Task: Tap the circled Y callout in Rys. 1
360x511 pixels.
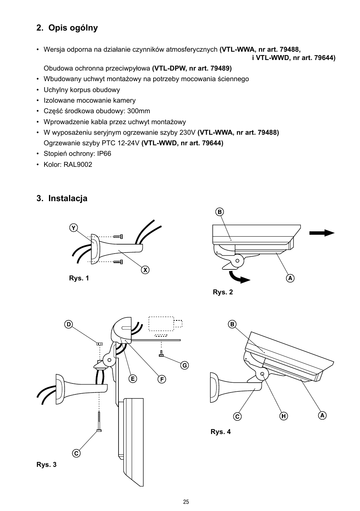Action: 74,228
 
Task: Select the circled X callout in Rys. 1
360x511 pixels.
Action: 145,270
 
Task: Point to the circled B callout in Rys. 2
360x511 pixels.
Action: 220,212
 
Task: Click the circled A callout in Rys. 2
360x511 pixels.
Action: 290,278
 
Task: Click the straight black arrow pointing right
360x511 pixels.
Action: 322,233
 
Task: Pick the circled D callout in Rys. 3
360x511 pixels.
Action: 68,325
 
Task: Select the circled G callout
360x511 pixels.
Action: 184,365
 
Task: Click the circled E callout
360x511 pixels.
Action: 132,379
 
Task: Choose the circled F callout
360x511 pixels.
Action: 162,379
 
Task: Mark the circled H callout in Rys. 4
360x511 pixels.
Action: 283,416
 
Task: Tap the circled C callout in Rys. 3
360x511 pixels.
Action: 76,453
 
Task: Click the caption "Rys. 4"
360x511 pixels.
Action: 220,432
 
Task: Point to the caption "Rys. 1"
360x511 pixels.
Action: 79,279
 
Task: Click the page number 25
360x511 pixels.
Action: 186,502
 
